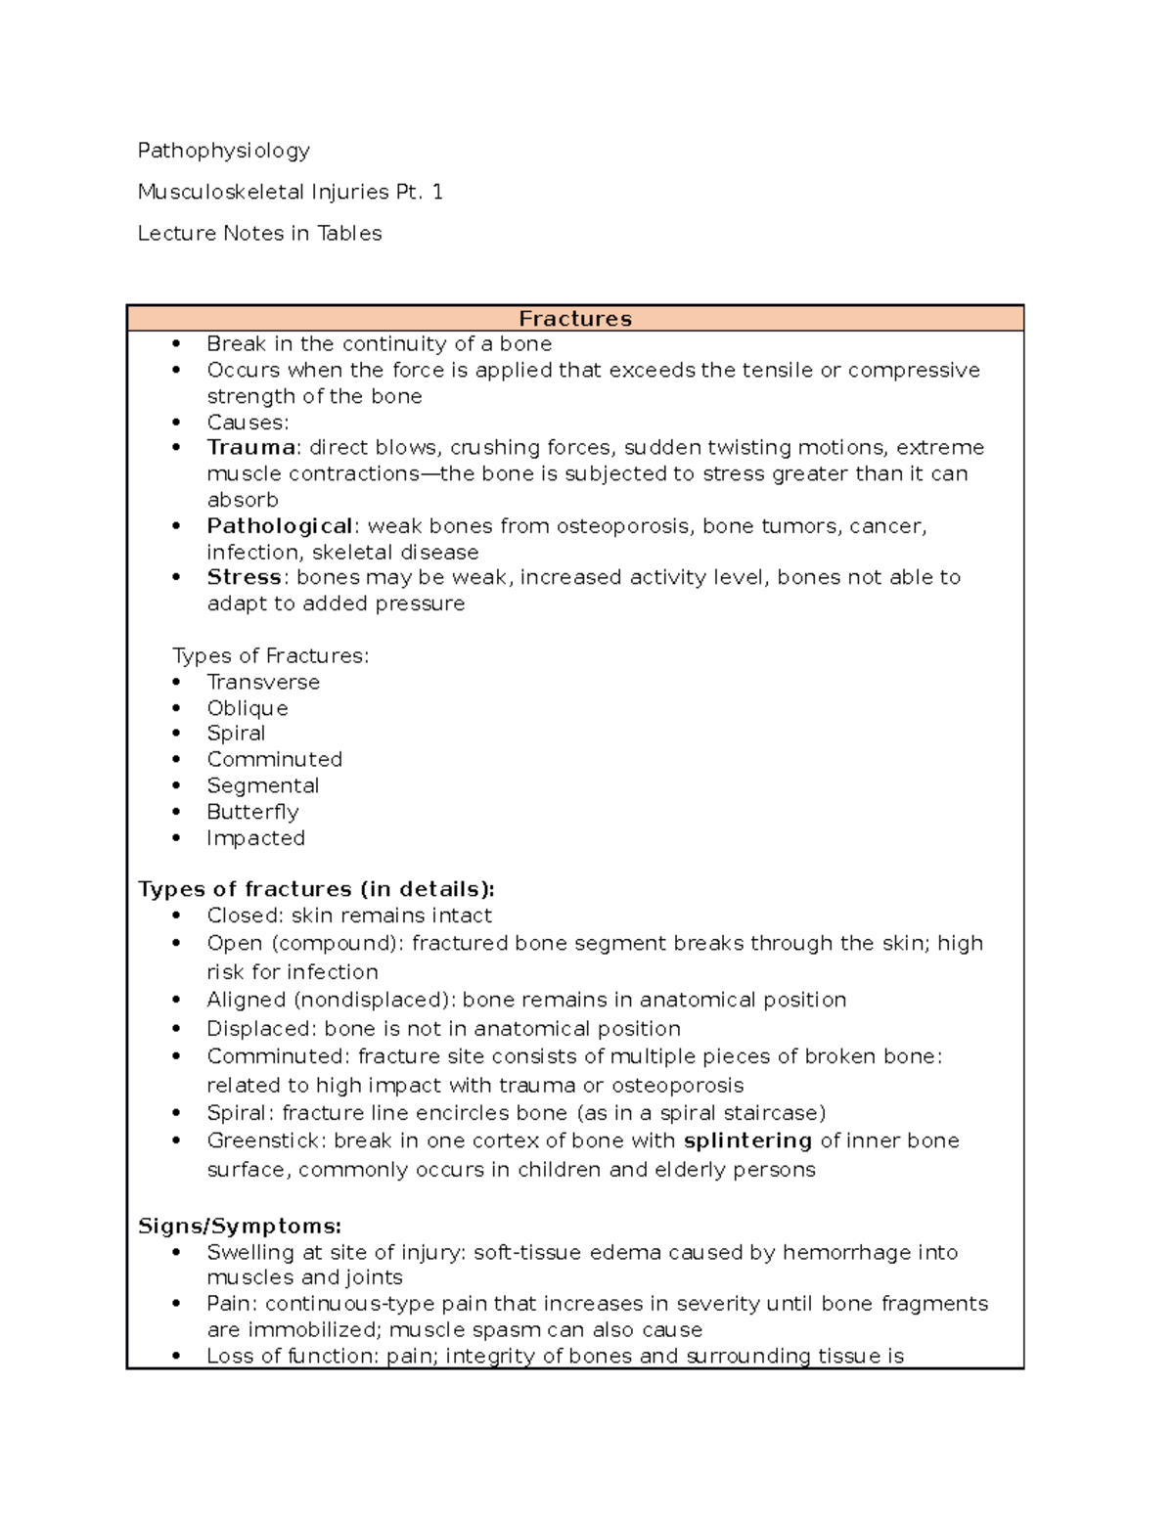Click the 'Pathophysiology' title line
click(223, 151)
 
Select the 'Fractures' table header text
click(574, 319)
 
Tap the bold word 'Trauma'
click(251, 447)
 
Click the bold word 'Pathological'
click(279, 526)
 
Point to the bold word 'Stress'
click(244, 577)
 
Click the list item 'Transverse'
click(263, 682)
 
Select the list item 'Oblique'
click(248, 708)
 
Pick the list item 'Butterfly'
click(252, 812)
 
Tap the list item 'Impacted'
click(255, 838)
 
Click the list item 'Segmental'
click(262, 785)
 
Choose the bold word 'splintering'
click(747, 1140)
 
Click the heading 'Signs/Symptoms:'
click(240, 1227)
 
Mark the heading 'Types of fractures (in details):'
click(316, 889)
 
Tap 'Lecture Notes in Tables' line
click(259, 233)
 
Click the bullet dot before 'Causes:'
click(176, 423)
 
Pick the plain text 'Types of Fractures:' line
click(271, 655)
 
